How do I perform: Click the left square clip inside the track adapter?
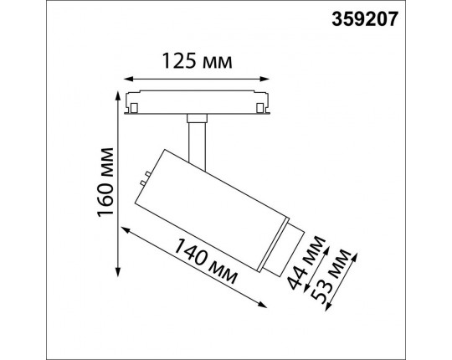(133, 107)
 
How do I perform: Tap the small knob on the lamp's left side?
(145, 178)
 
